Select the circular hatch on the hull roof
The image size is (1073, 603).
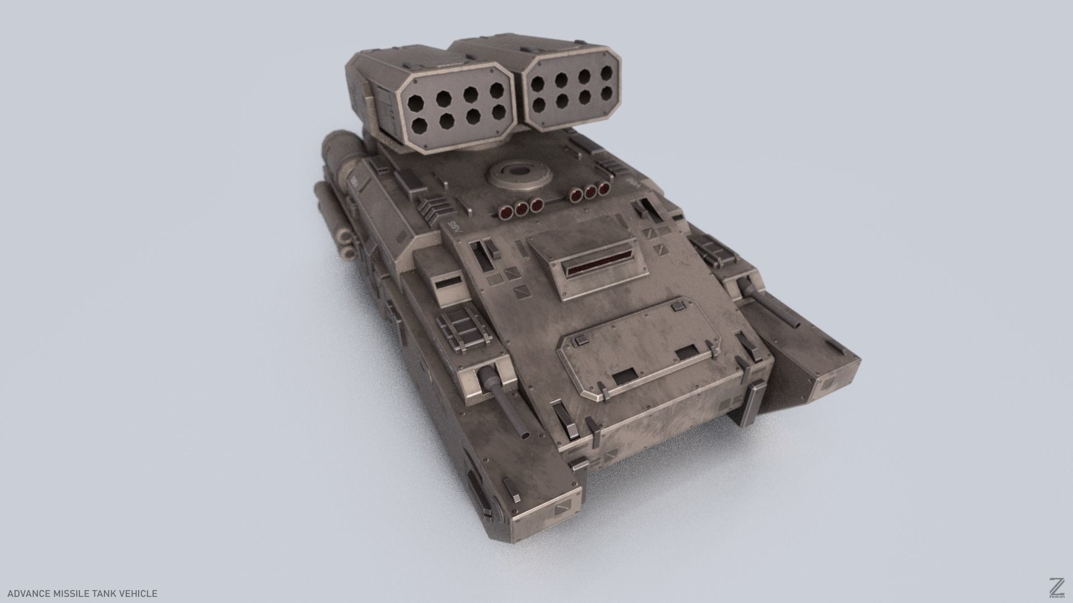pos(517,175)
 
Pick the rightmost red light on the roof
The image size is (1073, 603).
pos(604,189)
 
